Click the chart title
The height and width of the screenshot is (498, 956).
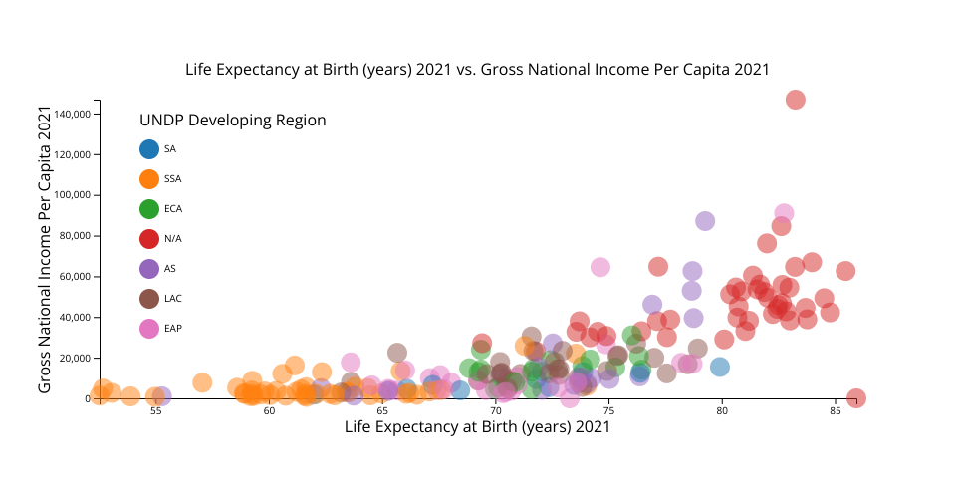tap(478, 69)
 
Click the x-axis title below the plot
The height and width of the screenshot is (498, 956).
tap(477, 427)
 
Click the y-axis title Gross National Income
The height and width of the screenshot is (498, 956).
tap(45, 249)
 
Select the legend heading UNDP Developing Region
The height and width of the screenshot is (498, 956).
tap(233, 121)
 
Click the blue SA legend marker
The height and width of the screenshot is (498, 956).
tap(149, 149)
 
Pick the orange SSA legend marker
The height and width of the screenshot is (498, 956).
tap(149, 179)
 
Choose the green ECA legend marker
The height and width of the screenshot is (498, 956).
tap(149, 209)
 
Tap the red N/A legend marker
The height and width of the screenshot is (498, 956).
tap(149, 239)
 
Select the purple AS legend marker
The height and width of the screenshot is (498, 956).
tap(149, 269)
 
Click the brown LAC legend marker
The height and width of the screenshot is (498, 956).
tap(149, 299)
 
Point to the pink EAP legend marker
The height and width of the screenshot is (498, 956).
tap(149, 328)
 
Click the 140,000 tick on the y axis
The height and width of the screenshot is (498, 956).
tap(72, 115)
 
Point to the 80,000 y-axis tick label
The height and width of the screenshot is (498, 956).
tap(75, 236)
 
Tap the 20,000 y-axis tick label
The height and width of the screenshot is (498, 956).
tap(75, 358)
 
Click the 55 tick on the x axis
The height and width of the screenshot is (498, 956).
tap(156, 410)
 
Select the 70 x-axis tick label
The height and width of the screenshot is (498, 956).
tap(496, 410)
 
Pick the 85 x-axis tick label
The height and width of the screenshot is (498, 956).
tap(835, 410)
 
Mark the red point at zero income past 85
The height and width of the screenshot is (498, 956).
tap(855, 398)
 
